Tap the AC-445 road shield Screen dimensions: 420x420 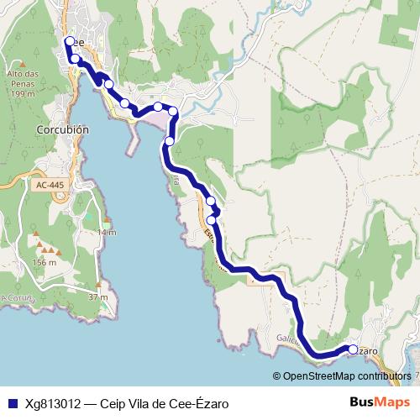click(x=50, y=185)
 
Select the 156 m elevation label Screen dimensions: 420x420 click(x=44, y=262)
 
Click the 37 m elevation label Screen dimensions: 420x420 click(x=98, y=297)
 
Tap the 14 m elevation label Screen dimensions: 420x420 click(x=106, y=232)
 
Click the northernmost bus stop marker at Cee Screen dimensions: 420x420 click(x=68, y=41)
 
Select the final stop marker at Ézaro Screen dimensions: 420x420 click(x=354, y=349)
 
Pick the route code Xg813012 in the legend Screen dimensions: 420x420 click(x=52, y=402)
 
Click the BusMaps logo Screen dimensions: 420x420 click(x=380, y=402)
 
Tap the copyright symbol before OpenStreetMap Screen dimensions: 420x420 click(x=277, y=376)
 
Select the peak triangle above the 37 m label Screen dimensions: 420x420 click(x=99, y=285)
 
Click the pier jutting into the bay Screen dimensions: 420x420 click(x=132, y=143)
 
